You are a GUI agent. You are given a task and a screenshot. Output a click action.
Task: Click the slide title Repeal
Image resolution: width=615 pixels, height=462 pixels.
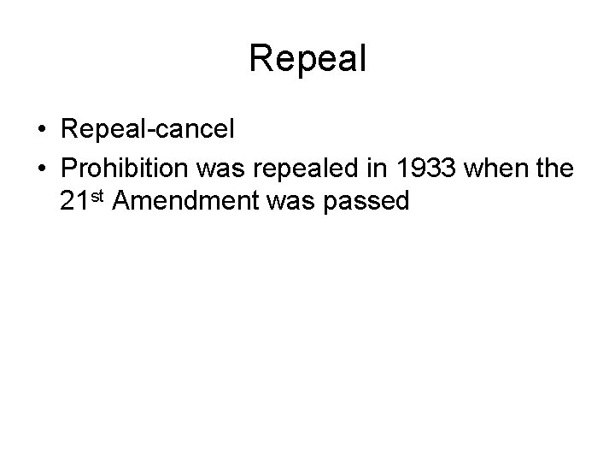coord(307,59)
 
